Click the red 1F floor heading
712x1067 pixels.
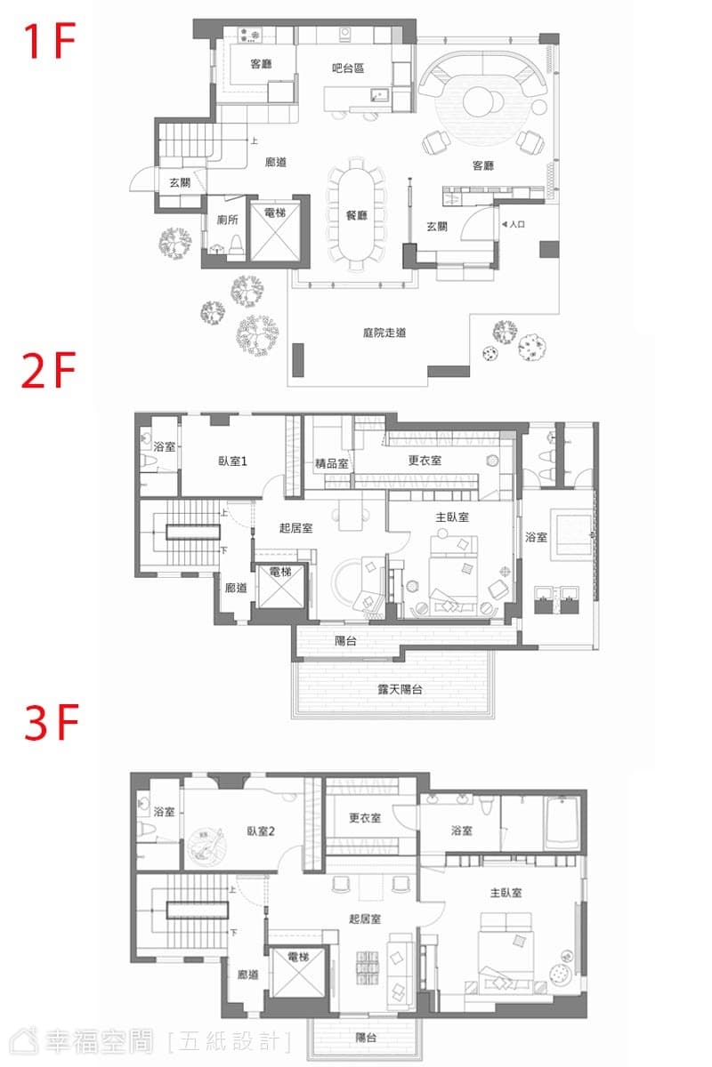point(50,41)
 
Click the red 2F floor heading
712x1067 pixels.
point(49,370)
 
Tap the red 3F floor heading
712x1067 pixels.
point(52,723)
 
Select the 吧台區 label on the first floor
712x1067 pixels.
point(348,68)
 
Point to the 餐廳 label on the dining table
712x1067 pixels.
point(356,215)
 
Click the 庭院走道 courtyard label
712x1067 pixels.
point(384,333)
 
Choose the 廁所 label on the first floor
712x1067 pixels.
point(228,220)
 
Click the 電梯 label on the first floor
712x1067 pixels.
point(275,213)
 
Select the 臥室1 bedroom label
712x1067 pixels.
point(232,461)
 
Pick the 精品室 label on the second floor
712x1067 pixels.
point(331,463)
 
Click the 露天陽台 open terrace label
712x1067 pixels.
point(400,689)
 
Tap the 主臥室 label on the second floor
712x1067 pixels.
point(452,517)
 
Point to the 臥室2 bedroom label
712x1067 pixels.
point(261,831)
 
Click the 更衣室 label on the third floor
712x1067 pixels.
point(365,818)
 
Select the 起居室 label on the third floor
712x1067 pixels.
point(365,919)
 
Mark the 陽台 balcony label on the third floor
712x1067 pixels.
point(367,1037)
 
